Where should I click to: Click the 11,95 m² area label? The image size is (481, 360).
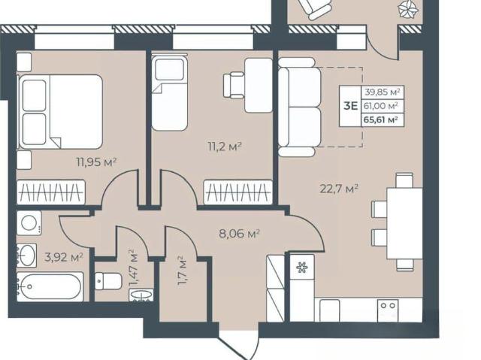coord(97,162)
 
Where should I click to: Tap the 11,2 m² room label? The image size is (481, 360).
coord(224,147)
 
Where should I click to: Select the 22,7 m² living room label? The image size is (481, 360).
coord(339,189)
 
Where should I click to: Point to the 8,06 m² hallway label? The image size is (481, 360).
coord(240,234)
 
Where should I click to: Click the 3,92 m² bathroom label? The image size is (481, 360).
coord(64,257)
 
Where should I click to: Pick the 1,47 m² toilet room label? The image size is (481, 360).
coord(133,268)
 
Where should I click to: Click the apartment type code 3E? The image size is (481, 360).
coord(351,106)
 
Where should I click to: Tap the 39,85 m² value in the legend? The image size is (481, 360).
coord(382,92)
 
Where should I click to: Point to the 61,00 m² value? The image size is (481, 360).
coord(381,105)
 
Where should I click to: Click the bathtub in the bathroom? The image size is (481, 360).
coord(50,286)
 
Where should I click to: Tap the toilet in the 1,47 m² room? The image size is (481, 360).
coord(108,281)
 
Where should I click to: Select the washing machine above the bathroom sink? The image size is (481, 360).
coord(29,223)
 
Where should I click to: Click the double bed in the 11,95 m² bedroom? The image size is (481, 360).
coord(60,112)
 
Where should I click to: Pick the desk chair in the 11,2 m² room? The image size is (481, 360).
coord(234,86)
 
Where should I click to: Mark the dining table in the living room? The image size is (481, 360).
coord(404,223)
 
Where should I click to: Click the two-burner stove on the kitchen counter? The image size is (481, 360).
coord(388,310)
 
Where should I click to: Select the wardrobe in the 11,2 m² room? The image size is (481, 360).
coord(238,192)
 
